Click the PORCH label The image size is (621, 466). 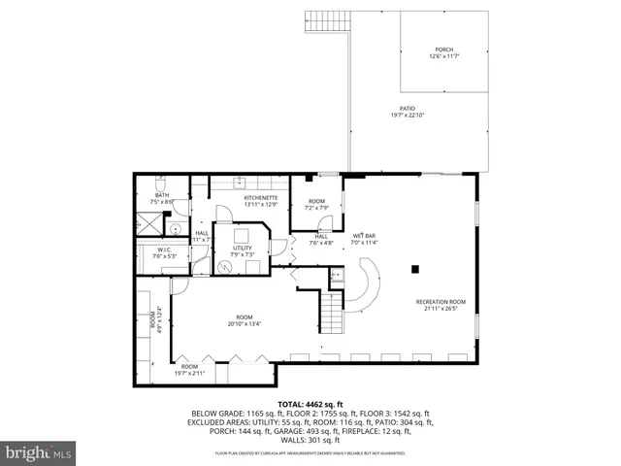click(442, 50)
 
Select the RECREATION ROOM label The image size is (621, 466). click(441, 302)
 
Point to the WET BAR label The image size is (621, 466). click(365, 236)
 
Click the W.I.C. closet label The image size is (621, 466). click(165, 250)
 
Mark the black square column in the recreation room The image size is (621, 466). click(415, 269)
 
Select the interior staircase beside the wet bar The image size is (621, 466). click(332, 313)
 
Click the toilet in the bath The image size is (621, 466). click(164, 183)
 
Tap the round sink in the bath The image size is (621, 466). click(176, 229)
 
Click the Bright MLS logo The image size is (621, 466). click(39, 452)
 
